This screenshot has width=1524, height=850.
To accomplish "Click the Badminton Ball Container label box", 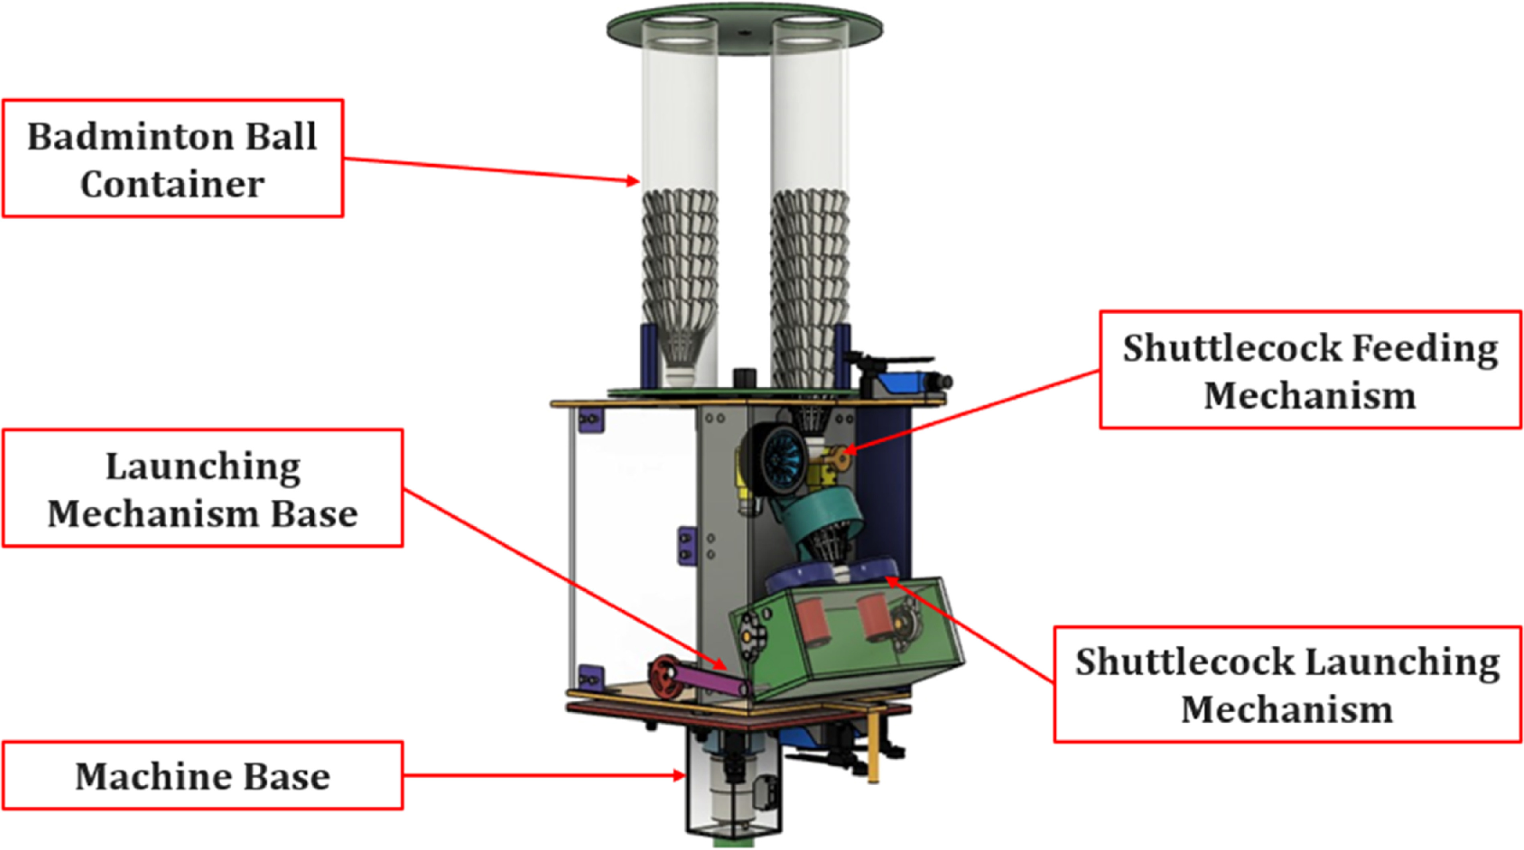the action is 173,159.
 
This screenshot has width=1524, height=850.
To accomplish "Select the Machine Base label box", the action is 203,775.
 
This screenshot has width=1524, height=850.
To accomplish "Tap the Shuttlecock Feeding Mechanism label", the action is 1310,370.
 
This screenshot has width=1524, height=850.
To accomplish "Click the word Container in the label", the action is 173,185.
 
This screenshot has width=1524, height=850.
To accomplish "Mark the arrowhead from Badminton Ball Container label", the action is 633,180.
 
